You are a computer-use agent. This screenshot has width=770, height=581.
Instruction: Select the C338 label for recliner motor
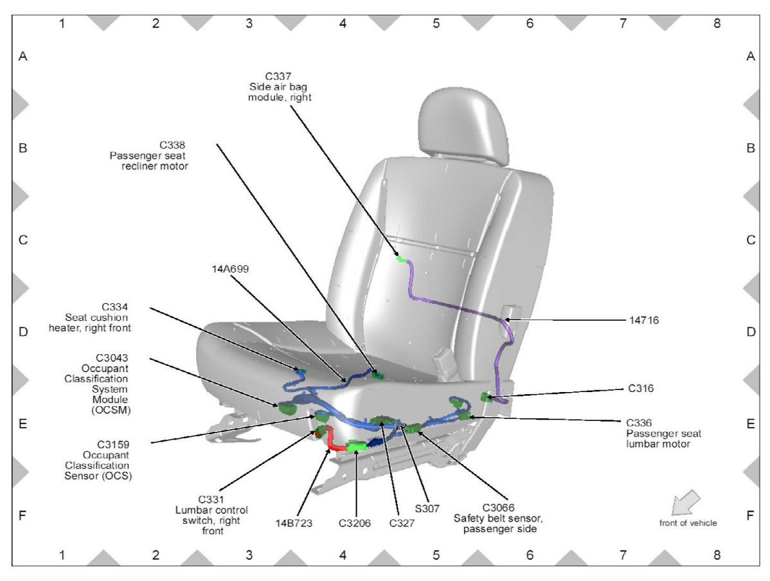172,145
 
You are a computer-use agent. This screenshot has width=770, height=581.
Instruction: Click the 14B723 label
294,523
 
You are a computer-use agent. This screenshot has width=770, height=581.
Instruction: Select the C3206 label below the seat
355,523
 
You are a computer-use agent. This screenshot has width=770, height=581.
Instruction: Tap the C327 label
402,523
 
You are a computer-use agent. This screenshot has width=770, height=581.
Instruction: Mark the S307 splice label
427,508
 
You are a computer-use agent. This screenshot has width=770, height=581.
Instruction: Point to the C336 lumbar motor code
639,423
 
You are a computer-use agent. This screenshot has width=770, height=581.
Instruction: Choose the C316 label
641,388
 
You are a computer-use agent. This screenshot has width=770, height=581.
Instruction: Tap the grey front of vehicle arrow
686,501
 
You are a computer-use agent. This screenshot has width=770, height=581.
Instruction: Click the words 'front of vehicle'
688,523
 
